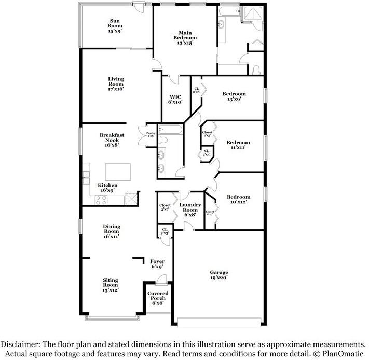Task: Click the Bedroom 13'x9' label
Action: tap(234, 97)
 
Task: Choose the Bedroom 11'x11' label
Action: tap(238, 145)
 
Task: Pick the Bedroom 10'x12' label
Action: tap(238, 199)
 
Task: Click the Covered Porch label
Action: tap(157, 298)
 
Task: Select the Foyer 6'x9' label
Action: tap(157, 264)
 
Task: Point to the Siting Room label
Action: tap(110, 285)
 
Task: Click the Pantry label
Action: tap(150, 134)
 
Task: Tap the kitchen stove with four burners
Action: tap(102, 200)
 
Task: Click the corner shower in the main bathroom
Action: tap(255, 16)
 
